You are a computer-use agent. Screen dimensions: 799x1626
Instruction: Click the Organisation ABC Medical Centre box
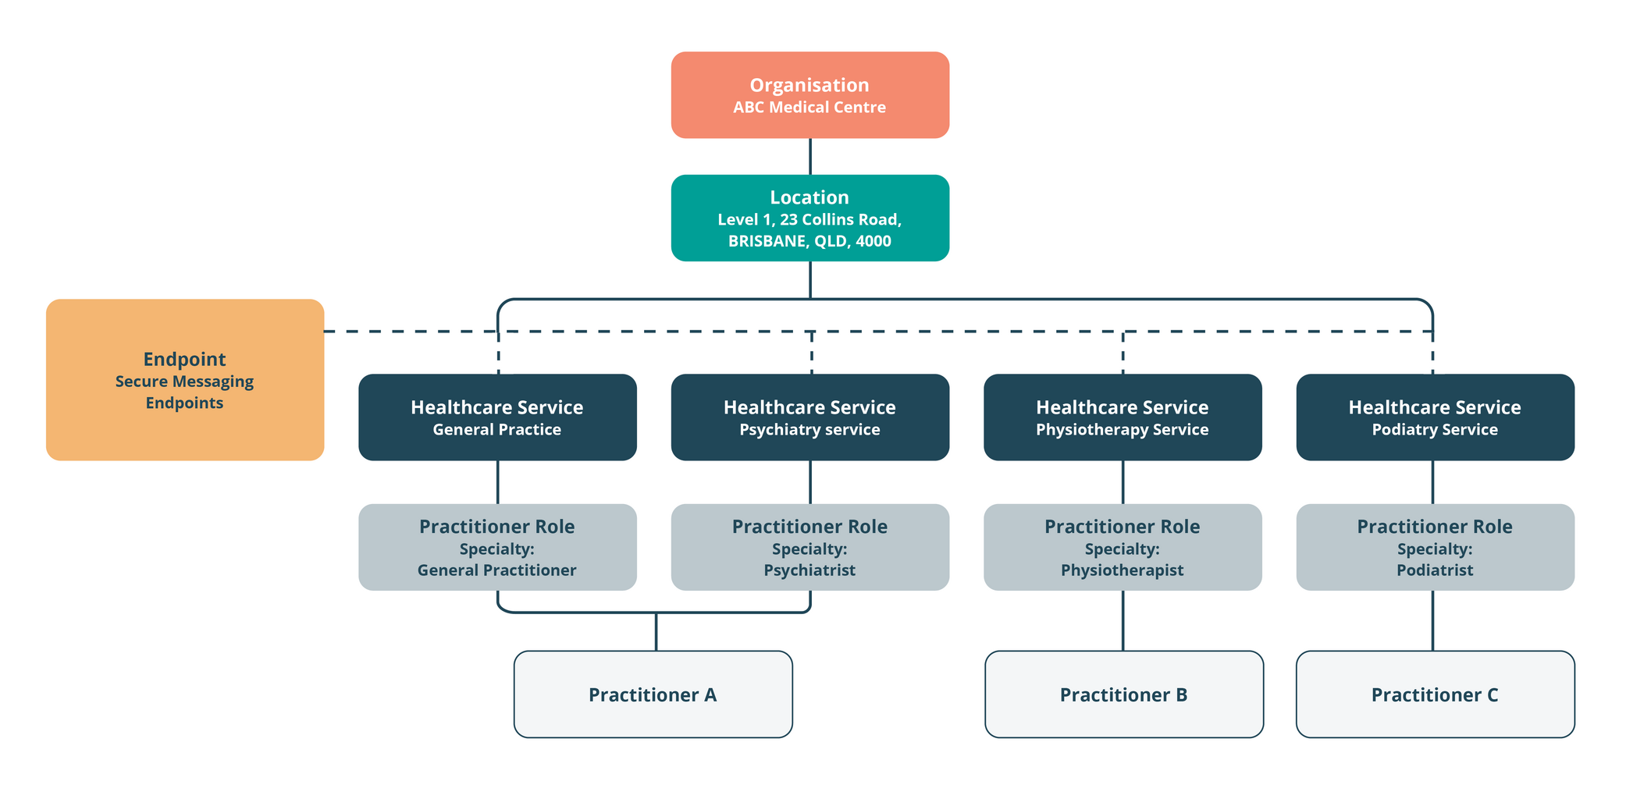[809, 95]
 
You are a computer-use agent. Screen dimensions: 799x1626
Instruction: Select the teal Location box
[809, 218]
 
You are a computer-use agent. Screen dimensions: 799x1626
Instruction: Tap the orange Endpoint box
[185, 379]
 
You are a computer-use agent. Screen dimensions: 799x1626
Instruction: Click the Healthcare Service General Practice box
[497, 417]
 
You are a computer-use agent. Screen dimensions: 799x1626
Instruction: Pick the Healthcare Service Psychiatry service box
[809, 417]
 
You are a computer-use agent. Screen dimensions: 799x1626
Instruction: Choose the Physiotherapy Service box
[1122, 417]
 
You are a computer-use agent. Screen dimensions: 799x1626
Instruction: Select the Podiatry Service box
[1435, 417]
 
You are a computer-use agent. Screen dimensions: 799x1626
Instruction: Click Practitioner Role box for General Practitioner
[497, 547]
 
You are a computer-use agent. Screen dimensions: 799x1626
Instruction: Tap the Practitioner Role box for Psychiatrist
[809, 547]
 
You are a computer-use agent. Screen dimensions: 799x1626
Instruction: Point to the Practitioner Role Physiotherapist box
[1122, 547]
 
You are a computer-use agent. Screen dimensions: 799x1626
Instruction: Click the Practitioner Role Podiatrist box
[1435, 547]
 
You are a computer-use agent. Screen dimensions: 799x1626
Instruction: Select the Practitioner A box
[653, 694]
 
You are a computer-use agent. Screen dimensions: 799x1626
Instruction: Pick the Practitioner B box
[1123, 694]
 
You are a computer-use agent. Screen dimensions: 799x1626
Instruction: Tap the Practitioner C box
[1435, 694]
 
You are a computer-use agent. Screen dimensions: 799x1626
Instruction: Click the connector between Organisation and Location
[810, 156]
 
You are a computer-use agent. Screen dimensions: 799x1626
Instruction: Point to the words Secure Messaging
[184, 382]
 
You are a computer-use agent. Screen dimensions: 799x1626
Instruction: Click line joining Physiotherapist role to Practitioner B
[1123, 620]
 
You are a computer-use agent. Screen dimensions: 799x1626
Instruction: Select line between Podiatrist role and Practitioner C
[1432, 620]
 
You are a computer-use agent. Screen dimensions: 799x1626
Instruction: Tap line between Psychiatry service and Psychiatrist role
[810, 482]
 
